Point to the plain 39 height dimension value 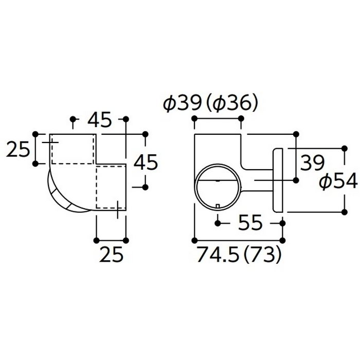point(313,163)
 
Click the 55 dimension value point(250,223)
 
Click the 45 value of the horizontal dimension point(99,119)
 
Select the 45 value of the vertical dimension point(146,162)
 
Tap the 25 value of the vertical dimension point(18,149)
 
